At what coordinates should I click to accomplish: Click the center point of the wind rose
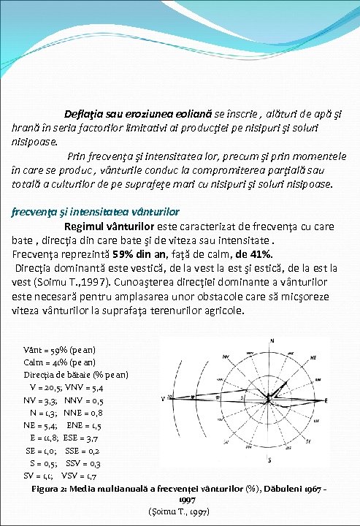[269, 398]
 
